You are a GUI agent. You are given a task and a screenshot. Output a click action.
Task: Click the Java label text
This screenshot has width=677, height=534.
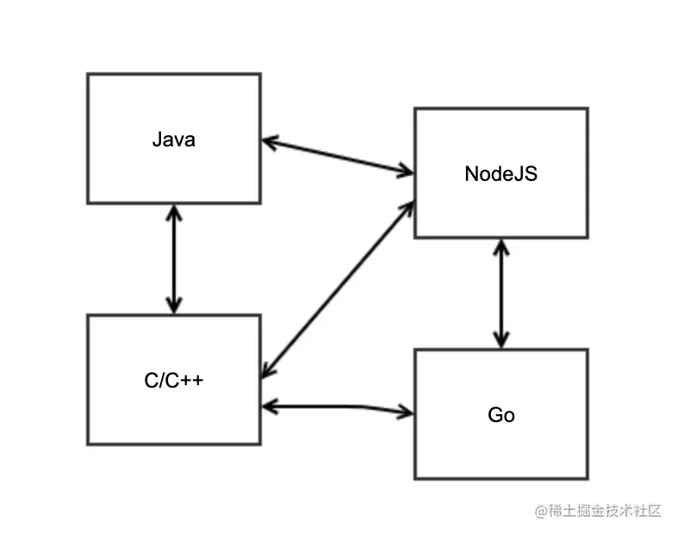point(173,139)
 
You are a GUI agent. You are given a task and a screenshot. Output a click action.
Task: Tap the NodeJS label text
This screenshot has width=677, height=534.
point(500,173)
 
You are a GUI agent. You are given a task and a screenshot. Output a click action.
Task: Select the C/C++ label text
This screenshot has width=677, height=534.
point(173,380)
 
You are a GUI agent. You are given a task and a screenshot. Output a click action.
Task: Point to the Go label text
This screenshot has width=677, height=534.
point(500,414)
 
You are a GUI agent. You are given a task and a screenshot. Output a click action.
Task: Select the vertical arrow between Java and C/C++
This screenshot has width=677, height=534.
point(174,258)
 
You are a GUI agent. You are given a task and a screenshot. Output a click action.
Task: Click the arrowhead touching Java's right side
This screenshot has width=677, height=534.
point(269,141)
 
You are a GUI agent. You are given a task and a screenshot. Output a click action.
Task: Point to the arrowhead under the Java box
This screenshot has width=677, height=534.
point(174,212)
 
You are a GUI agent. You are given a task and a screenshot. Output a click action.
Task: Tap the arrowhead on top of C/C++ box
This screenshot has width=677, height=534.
point(174,306)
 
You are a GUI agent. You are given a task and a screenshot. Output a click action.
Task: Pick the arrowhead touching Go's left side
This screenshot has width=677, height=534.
point(406,412)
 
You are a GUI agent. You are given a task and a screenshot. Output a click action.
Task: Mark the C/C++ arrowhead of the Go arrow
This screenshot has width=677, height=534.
point(270,405)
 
